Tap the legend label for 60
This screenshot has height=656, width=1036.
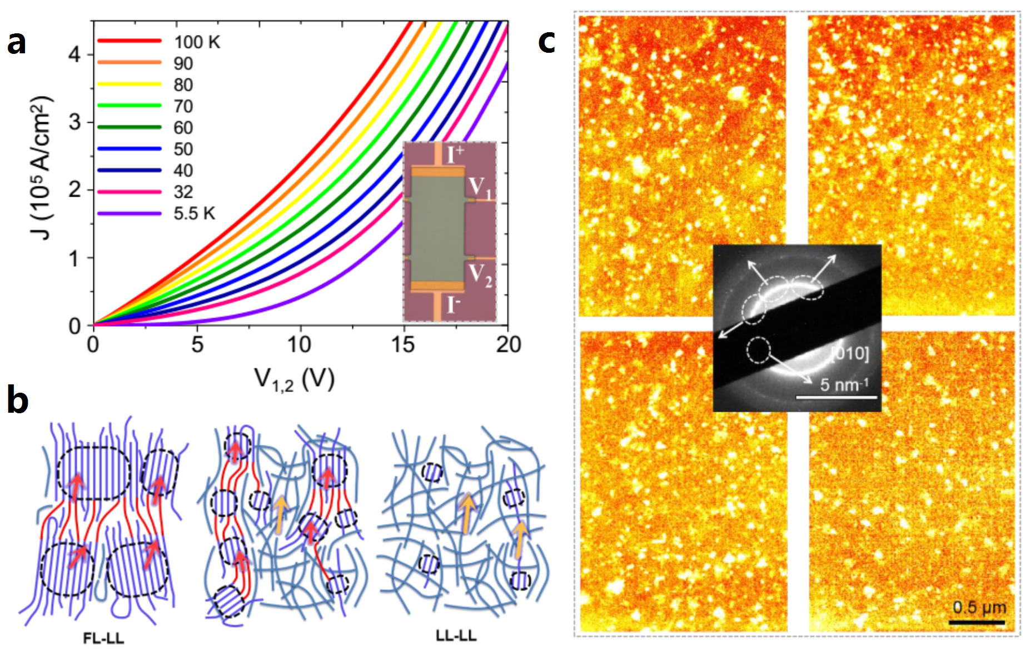[183, 128]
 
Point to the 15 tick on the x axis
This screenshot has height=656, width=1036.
[402, 345]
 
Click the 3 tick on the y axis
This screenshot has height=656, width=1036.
[74, 122]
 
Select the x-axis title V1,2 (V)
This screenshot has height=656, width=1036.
[295, 380]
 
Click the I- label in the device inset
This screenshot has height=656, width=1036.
[454, 305]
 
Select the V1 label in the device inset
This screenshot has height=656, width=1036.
[480, 188]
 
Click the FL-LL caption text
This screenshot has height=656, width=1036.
[103, 638]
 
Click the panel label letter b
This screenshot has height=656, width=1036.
[17, 399]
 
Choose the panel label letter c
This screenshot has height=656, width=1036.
[546, 40]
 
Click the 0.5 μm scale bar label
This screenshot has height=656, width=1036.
[979, 607]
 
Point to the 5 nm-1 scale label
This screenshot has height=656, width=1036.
[844, 384]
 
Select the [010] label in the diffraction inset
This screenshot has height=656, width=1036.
[849, 353]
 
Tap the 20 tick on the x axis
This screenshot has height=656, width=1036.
[509, 345]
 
